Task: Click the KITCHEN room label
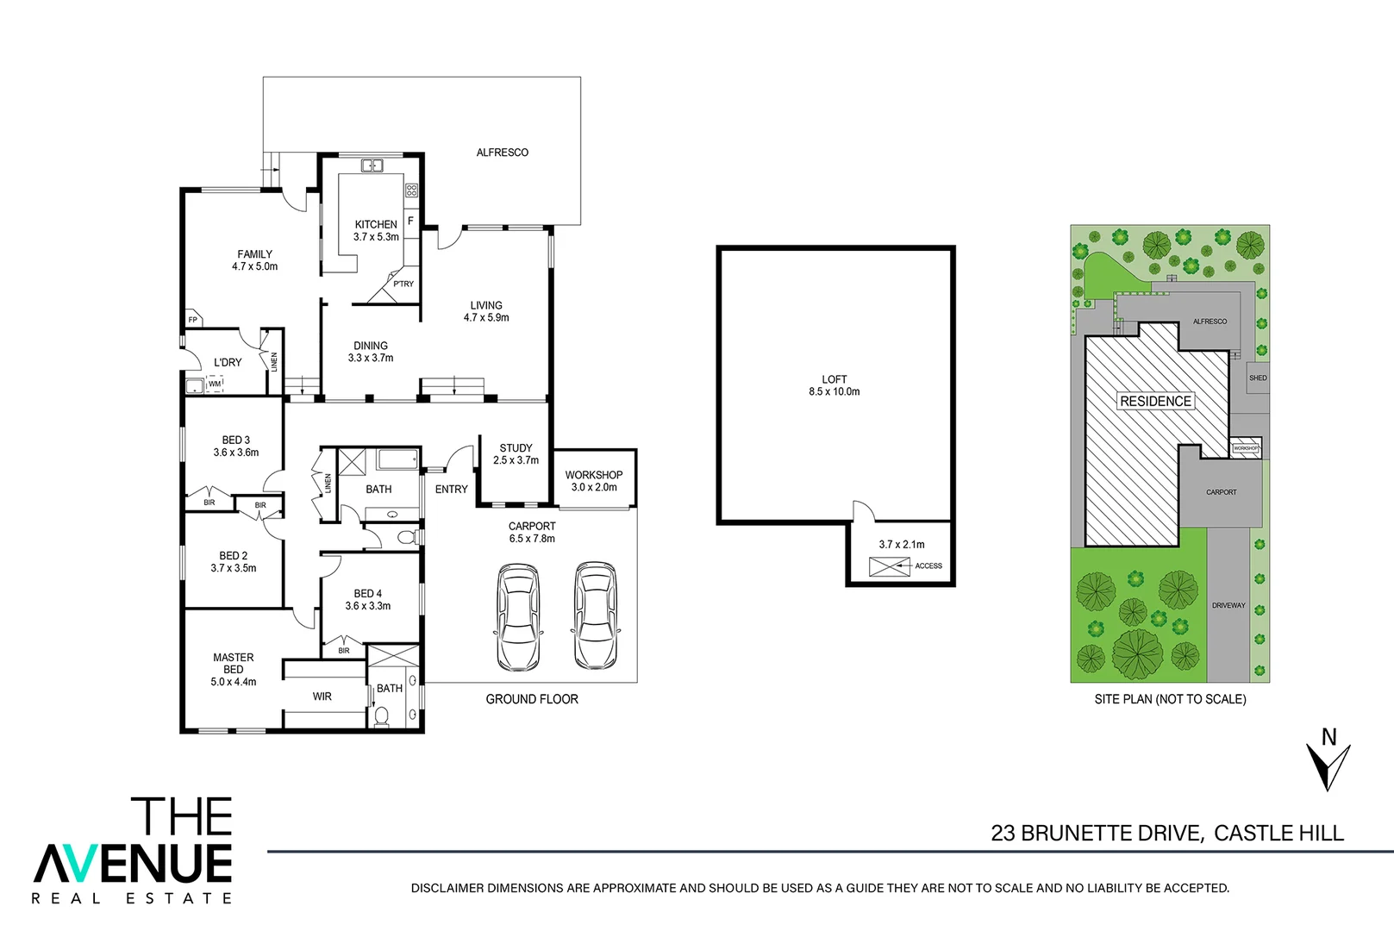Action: coord(376,224)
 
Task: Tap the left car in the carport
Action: coord(517,617)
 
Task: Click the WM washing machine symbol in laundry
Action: coord(214,384)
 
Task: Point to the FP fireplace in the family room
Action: coord(193,320)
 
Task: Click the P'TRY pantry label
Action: coord(403,284)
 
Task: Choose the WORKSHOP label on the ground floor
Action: coord(594,475)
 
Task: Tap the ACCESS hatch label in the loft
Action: coord(928,566)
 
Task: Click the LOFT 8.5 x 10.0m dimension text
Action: coord(834,391)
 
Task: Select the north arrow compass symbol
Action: coord(1328,765)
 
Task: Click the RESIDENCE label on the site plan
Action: coord(1155,401)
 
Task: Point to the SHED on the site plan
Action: coord(1258,378)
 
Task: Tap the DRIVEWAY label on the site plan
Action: coord(1228,605)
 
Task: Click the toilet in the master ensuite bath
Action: coord(381,715)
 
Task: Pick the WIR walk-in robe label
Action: coord(322,697)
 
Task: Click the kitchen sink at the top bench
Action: coord(372,166)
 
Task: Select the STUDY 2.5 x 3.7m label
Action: coord(516,454)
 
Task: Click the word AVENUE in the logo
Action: coord(134,862)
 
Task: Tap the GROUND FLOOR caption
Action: coord(532,699)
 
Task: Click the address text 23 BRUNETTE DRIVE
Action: coord(1096,833)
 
